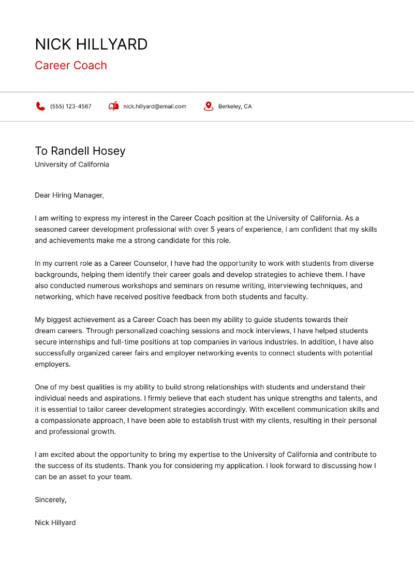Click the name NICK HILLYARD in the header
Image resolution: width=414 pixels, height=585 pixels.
pyautogui.click(x=91, y=44)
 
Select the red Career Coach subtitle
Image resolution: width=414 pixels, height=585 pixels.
pyautogui.click(x=71, y=65)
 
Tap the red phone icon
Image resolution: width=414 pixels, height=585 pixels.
pyautogui.click(x=40, y=106)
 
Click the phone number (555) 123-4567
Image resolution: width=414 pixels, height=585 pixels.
pyautogui.click(x=70, y=107)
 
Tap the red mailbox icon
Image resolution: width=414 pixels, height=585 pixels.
pyautogui.click(x=113, y=106)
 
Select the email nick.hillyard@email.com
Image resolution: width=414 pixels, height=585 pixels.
pyautogui.click(x=155, y=107)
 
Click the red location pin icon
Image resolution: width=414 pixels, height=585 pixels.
pyautogui.click(x=209, y=106)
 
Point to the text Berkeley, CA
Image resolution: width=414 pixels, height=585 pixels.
pyautogui.click(x=235, y=107)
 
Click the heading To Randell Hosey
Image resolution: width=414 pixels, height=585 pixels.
pyautogui.click(x=80, y=151)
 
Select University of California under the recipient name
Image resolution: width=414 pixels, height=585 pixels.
pyautogui.click(x=72, y=164)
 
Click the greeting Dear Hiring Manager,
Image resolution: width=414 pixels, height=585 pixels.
pyautogui.click(x=69, y=195)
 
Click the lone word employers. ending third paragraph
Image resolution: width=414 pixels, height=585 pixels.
pyautogui.click(x=52, y=364)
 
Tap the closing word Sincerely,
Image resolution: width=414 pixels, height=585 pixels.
pyautogui.click(x=51, y=500)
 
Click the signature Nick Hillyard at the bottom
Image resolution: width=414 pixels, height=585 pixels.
pyautogui.click(x=55, y=522)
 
